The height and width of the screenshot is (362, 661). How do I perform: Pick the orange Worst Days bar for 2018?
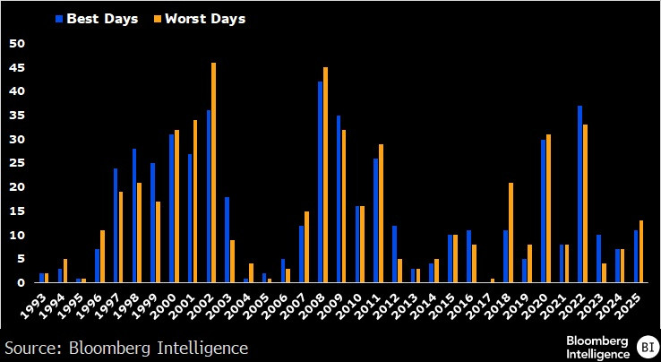[511, 233]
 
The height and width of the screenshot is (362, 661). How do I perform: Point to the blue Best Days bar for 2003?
[227, 239]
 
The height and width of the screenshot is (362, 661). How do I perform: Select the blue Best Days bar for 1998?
[134, 216]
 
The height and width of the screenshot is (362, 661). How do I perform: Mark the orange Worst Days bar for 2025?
[641, 252]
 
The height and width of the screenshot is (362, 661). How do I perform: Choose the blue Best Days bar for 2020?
[544, 211]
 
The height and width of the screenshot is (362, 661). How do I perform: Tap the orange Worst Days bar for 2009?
[344, 206]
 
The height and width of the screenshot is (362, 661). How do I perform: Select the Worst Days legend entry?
[205, 18]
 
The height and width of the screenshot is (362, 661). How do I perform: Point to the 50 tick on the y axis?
[16, 43]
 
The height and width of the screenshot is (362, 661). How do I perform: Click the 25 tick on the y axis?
[16, 163]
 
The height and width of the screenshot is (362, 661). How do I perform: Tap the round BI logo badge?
[646, 346]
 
